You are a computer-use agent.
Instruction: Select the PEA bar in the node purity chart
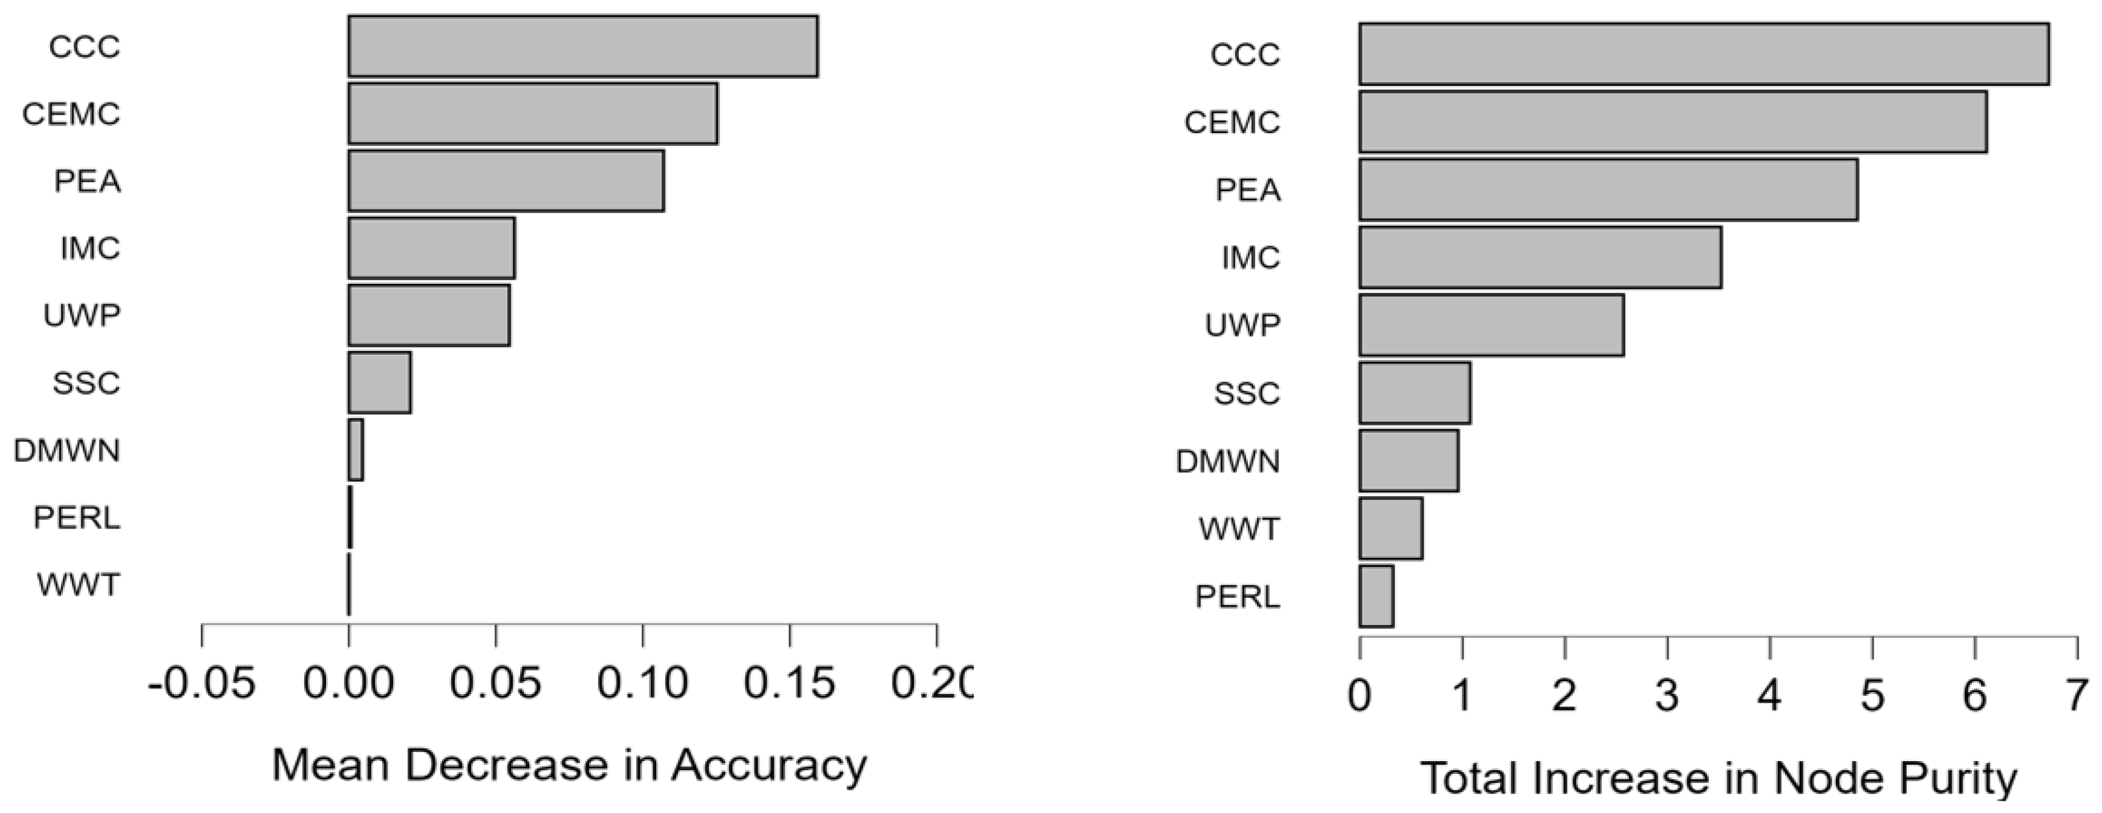[x=1607, y=190]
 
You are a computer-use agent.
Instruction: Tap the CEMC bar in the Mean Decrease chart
[x=533, y=114]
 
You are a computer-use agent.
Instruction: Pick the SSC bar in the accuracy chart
[x=380, y=383]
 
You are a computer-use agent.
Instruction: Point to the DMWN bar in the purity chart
[x=1408, y=461]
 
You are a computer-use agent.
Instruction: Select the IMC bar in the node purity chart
[x=1540, y=258]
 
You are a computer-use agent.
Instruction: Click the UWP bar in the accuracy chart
[x=429, y=315]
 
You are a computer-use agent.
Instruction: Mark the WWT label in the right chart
[x=1239, y=529]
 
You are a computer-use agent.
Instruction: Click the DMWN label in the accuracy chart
[x=67, y=450]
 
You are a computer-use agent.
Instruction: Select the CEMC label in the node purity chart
[x=1232, y=122]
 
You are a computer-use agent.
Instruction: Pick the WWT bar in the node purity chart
[x=1391, y=529]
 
